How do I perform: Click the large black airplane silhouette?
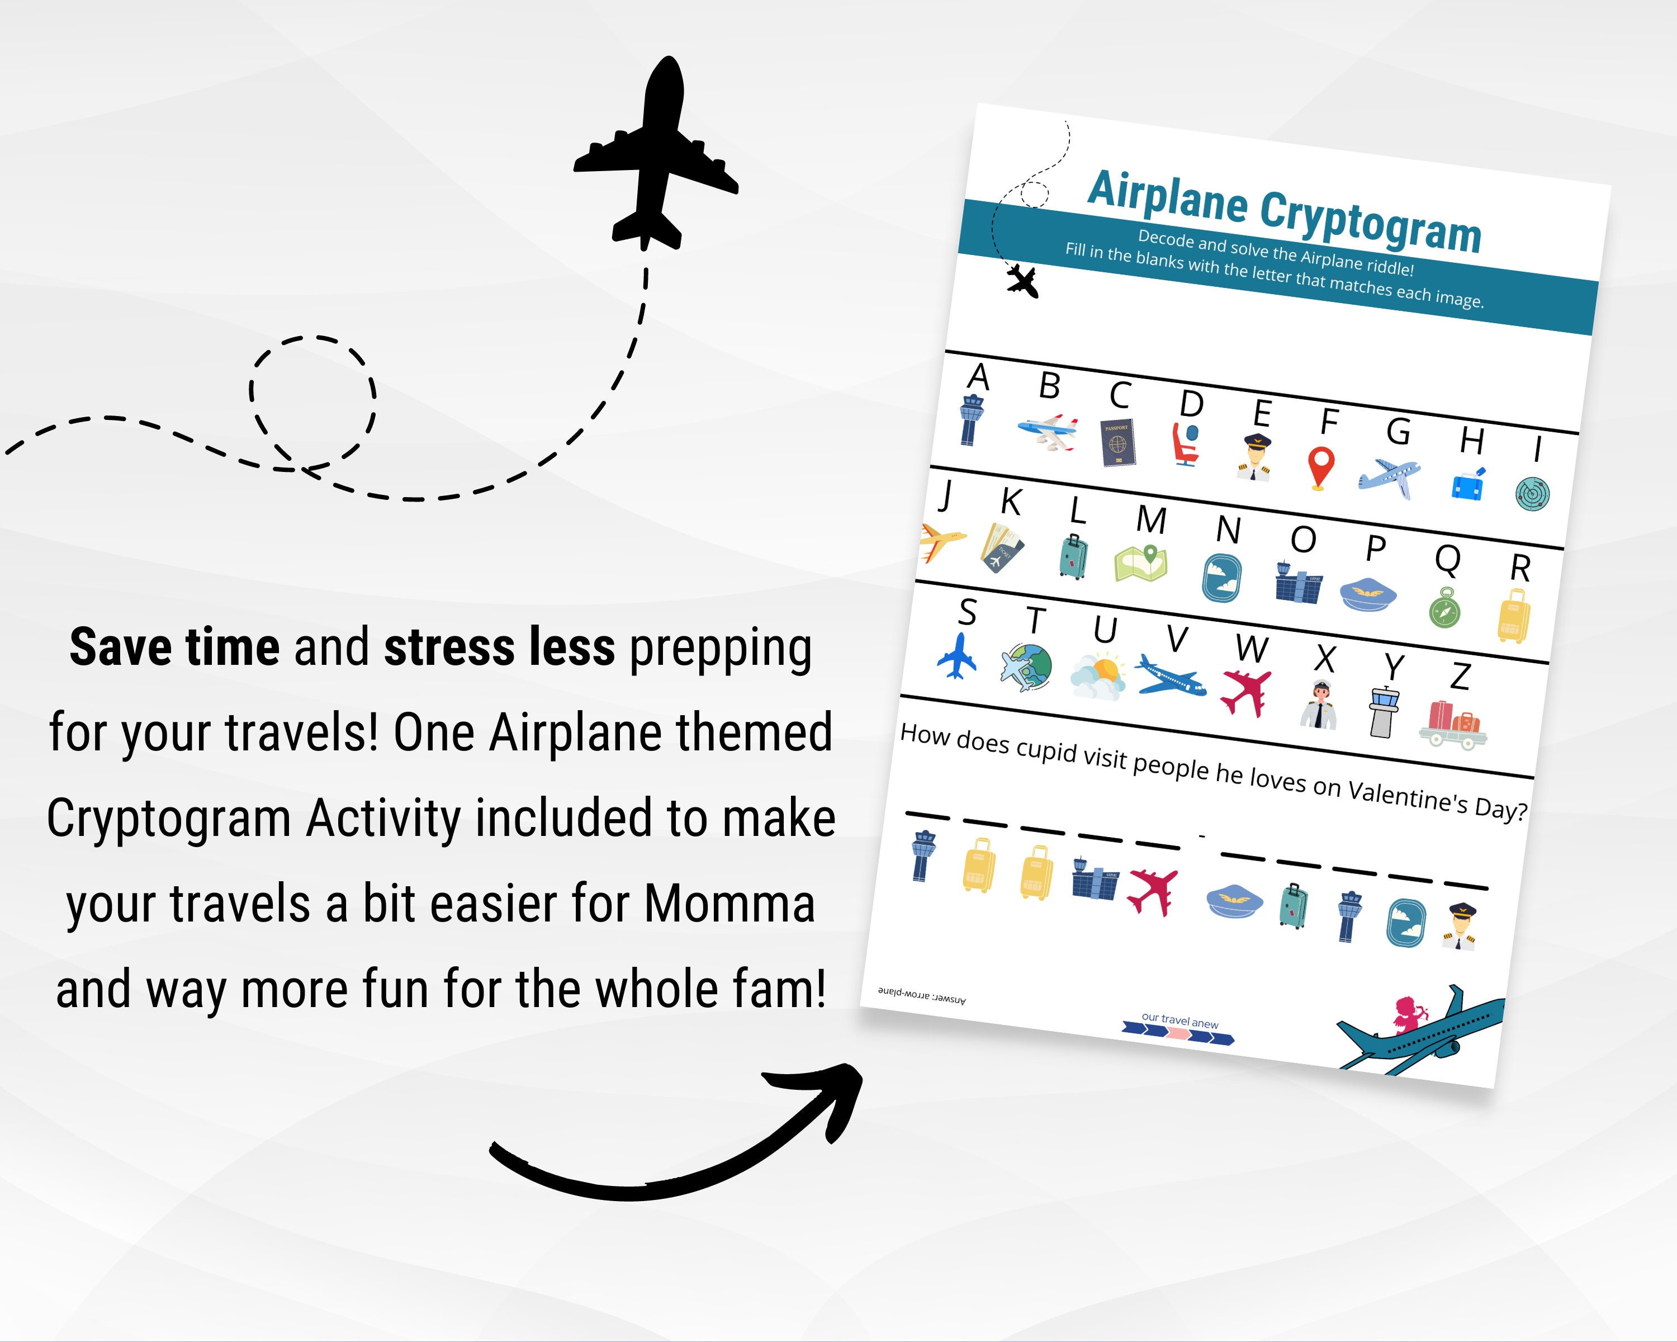[x=655, y=155]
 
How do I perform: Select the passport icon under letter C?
[x=1118, y=443]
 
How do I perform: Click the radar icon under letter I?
[x=1532, y=493]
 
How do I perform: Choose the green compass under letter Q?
[x=1444, y=608]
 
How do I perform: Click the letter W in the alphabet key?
[x=1252, y=648]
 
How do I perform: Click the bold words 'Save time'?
[x=174, y=648]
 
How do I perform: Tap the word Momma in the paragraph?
[x=729, y=904]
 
